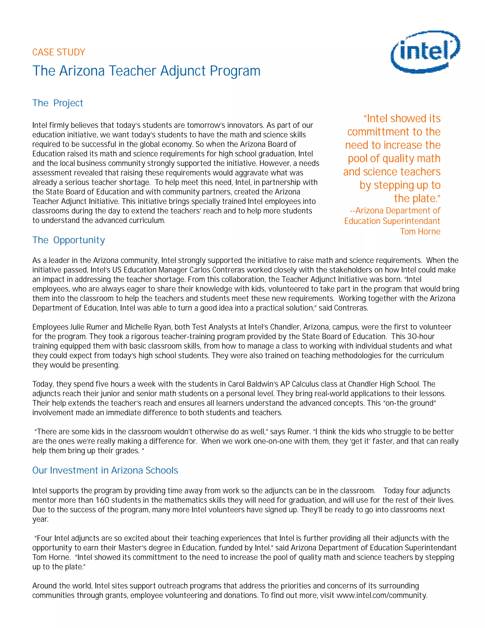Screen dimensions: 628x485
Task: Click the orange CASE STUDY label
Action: (59, 52)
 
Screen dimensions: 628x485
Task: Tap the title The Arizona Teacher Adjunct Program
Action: (146, 71)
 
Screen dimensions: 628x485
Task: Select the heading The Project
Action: (58, 103)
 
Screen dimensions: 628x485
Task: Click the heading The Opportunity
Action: (69, 240)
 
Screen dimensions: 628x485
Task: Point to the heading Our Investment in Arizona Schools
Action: (105, 470)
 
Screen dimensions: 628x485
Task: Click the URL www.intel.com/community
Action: (382, 595)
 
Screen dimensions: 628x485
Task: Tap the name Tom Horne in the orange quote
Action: (420, 232)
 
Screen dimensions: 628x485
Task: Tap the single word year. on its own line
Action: (40, 519)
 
